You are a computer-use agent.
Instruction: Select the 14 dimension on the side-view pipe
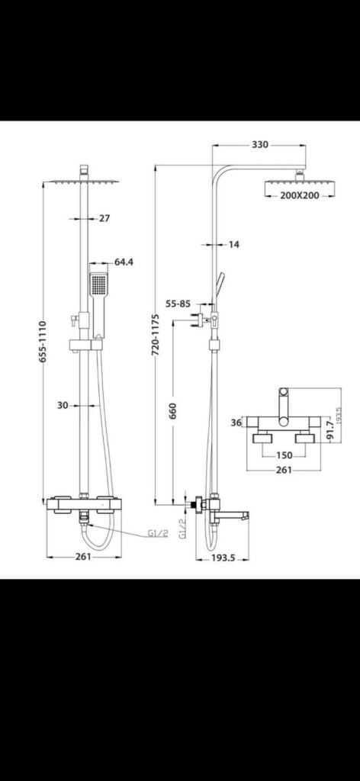click(233, 244)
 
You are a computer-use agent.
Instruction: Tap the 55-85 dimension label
click(178, 304)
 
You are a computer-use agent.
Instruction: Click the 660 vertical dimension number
click(174, 416)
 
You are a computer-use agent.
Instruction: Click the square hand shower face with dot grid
click(96, 284)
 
